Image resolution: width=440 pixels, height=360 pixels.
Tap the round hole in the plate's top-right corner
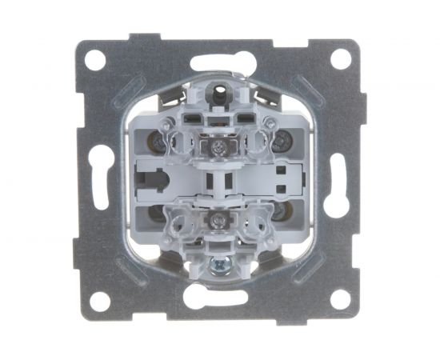[x=340, y=58]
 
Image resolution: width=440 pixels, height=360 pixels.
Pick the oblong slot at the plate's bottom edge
[x=218, y=299]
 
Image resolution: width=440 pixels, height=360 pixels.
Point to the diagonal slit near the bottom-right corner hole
[x=309, y=270]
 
